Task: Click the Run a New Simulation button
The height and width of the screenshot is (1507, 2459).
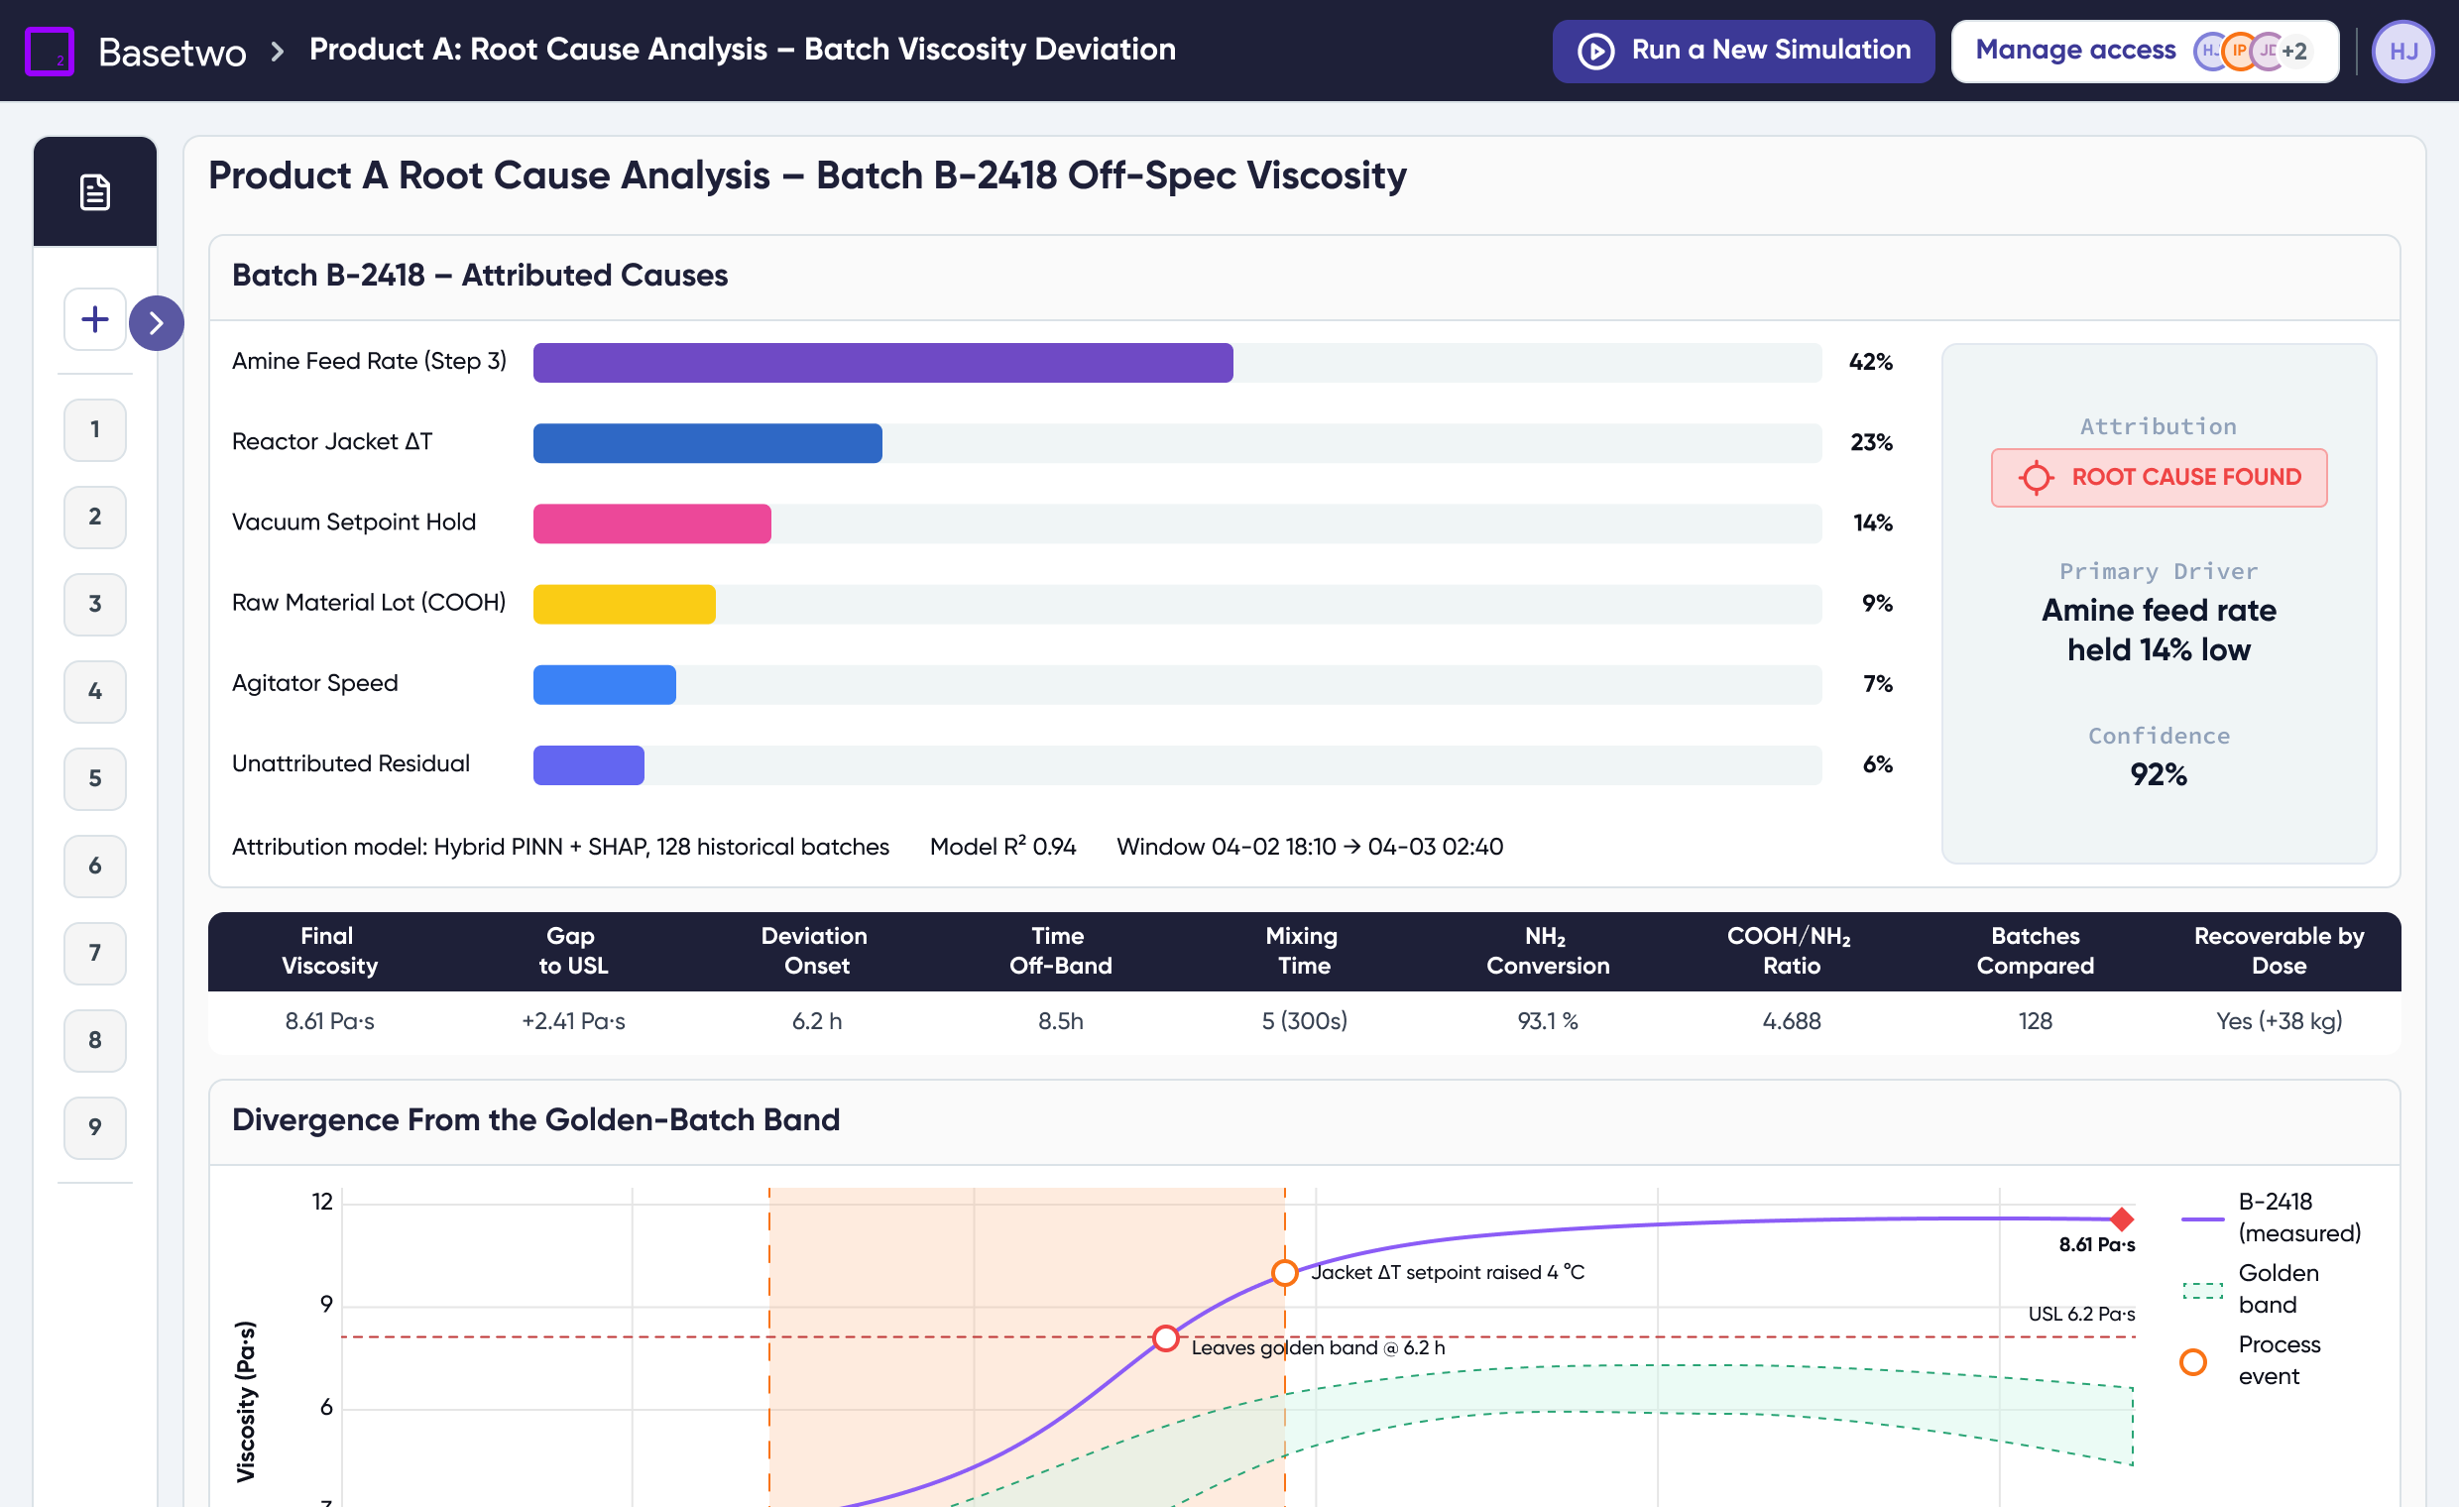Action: [x=1742, y=50]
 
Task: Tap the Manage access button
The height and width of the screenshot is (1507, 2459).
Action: [x=2145, y=50]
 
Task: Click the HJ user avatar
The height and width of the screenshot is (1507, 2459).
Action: [x=2402, y=51]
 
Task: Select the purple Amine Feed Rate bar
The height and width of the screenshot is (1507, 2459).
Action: [x=882, y=362]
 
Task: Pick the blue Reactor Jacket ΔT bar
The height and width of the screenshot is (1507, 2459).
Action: [x=708, y=443]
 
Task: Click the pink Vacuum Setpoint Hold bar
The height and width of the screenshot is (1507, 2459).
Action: [x=651, y=523]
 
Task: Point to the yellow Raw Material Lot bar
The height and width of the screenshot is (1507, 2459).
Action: [x=624, y=604]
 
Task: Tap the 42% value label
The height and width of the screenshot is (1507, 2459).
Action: [x=1870, y=361]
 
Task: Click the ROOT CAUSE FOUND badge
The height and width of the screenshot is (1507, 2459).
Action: [x=2159, y=477]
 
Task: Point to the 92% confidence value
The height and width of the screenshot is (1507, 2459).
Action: [x=2159, y=774]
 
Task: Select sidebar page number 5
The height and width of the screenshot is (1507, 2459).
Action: [x=95, y=778]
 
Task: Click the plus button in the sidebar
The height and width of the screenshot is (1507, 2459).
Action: [x=95, y=319]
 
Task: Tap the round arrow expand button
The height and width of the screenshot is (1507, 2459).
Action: [x=157, y=322]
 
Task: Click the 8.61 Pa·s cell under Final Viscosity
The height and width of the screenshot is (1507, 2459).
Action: [x=329, y=1021]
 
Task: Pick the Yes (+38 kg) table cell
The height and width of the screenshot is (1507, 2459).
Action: [x=2279, y=1021]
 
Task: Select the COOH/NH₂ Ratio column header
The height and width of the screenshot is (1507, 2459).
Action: [x=1791, y=950]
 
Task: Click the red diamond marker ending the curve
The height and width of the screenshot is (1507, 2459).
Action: [x=2122, y=1218]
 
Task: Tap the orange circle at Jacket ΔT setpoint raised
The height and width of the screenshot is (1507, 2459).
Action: [x=1284, y=1272]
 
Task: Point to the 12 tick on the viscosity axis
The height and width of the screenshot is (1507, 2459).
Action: [x=322, y=1201]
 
